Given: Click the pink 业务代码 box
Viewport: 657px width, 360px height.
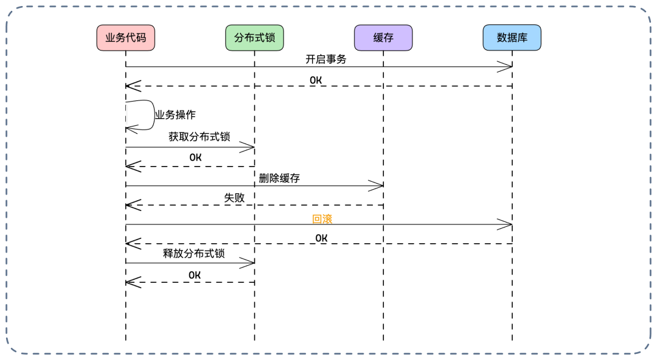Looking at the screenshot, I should pos(126,38).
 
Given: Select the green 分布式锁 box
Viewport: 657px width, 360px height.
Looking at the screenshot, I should pos(254,38).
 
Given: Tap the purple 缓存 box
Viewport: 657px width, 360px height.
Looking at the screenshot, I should pos(383,38).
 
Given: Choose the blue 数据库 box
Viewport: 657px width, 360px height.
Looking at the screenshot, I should pos(512,38).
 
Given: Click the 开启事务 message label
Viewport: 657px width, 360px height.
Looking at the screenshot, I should pos(325,59).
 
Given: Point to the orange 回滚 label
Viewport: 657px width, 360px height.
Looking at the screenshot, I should pos(322,220).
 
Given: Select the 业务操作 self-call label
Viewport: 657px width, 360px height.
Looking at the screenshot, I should pos(175,114).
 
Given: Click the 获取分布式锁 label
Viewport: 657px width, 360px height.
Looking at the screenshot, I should pos(199,137).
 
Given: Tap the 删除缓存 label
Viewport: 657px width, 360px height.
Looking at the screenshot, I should pos(279,178).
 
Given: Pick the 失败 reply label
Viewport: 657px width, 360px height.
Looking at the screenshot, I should pos(234,197).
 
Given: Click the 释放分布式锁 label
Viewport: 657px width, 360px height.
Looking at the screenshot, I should pos(194,253).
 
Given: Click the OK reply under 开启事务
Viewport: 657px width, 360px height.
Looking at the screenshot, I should pos(316,80).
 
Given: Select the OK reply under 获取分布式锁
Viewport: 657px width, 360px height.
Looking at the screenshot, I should pos(195,157).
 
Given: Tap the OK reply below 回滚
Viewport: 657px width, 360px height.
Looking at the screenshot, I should pos(321,238).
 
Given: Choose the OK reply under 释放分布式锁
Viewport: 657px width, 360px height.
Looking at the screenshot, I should pos(194,275).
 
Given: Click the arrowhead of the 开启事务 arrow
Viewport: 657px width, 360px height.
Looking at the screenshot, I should pos(506,67).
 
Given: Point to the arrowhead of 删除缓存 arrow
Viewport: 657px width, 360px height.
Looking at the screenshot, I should pos(377,185).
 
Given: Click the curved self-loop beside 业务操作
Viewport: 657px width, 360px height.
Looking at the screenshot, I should pos(149,115).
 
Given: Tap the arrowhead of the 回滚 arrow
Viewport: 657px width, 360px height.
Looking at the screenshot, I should pos(506,225).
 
